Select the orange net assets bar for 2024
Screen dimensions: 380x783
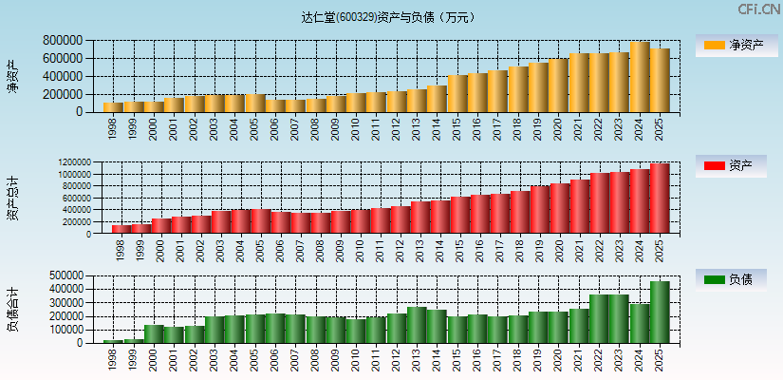[640, 77]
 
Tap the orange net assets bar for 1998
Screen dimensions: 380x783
[113, 106]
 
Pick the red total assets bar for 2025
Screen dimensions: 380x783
[660, 199]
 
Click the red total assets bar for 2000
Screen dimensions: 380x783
[161, 226]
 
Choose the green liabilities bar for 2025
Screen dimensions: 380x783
[660, 312]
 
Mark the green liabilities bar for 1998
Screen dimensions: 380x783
[113, 340]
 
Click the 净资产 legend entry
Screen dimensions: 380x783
[735, 45]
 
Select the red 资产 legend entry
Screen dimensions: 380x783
[735, 166]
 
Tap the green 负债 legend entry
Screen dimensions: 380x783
[735, 279]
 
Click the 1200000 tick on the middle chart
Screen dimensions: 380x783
[73, 163]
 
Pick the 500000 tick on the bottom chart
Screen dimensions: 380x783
[62, 275]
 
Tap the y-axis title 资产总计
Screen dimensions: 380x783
[12, 199]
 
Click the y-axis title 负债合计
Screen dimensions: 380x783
[12, 309]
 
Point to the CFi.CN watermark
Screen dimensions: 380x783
[758, 9]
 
